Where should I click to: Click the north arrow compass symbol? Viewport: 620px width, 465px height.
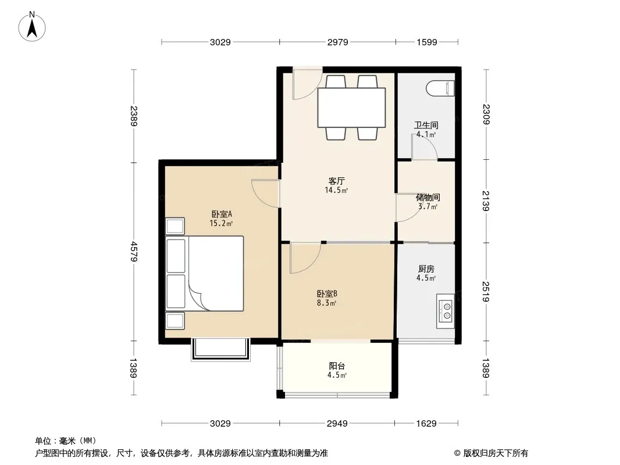point(32,27)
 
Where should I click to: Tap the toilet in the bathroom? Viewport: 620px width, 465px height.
point(441,88)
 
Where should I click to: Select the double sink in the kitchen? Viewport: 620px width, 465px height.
point(446,311)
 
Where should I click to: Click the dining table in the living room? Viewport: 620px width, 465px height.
point(351,108)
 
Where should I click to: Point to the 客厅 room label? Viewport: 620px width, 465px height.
point(337,181)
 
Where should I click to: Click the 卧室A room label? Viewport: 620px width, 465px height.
point(222,214)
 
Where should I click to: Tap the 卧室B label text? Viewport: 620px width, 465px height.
point(327,294)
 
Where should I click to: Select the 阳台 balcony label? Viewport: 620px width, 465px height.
point(337,366)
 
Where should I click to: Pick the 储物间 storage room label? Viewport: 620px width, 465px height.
point(428,197)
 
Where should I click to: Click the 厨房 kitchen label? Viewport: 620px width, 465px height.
point(426,269)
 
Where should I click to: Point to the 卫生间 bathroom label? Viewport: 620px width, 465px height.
point(426,125)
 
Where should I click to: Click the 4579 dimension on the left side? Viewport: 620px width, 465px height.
point(134,251)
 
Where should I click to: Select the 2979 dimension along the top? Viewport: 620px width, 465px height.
point(338,42)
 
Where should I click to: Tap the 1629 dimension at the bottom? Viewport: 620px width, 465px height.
point(426,424)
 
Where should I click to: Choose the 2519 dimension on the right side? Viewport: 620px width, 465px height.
point(486,292)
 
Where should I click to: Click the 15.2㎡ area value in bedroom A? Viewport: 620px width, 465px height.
point(221,224)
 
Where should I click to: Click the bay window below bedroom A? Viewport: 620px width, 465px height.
point(221,350)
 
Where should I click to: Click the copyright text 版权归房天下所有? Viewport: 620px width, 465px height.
point(496,453)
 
